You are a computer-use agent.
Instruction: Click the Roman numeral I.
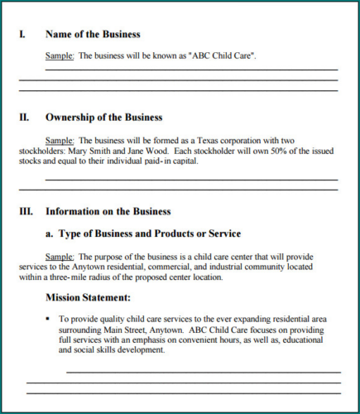22,35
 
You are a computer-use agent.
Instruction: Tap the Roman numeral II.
24,118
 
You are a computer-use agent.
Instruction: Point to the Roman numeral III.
26,211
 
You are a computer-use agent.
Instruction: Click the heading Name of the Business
93,35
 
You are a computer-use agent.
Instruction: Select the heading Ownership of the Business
103,118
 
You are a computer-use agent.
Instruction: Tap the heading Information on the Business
108,211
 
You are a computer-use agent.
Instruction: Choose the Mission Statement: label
88,296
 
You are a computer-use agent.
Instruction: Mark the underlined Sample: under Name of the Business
59,55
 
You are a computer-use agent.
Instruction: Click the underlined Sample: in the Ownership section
59,140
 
